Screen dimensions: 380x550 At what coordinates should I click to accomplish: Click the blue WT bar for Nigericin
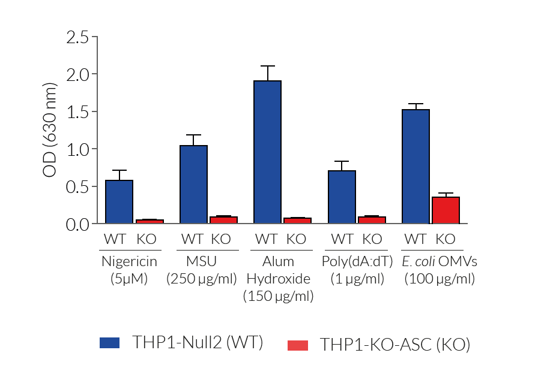pos(119,202)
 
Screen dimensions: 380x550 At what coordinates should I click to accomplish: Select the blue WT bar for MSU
pos(193,185)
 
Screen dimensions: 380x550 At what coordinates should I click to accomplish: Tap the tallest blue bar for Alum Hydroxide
pos(267,152)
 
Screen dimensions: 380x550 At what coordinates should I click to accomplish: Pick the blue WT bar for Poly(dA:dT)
pos(342,197)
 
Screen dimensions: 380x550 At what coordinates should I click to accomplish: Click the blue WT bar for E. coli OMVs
pos(416,167)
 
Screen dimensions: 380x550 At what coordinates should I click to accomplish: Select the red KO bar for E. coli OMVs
pos(446,210)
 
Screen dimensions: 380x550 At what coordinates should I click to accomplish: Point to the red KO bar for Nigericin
pos(149,221)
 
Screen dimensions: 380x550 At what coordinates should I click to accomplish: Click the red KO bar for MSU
pos(223,220)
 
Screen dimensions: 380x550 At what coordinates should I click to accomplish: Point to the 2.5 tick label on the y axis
pos(76,37)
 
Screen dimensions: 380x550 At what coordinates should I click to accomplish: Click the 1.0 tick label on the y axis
pos(76,149)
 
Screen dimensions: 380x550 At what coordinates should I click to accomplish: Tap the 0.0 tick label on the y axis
pos(76,224)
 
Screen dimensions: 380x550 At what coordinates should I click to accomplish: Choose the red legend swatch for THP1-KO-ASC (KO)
pos(298,345)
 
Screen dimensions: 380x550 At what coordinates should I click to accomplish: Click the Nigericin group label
pos(129,261)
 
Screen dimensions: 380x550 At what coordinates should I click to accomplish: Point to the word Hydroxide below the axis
pos(279,279)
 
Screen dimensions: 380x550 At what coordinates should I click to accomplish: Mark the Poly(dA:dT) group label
pos(357,261)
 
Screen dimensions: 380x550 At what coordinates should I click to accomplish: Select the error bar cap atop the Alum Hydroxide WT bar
pos(267,66)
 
